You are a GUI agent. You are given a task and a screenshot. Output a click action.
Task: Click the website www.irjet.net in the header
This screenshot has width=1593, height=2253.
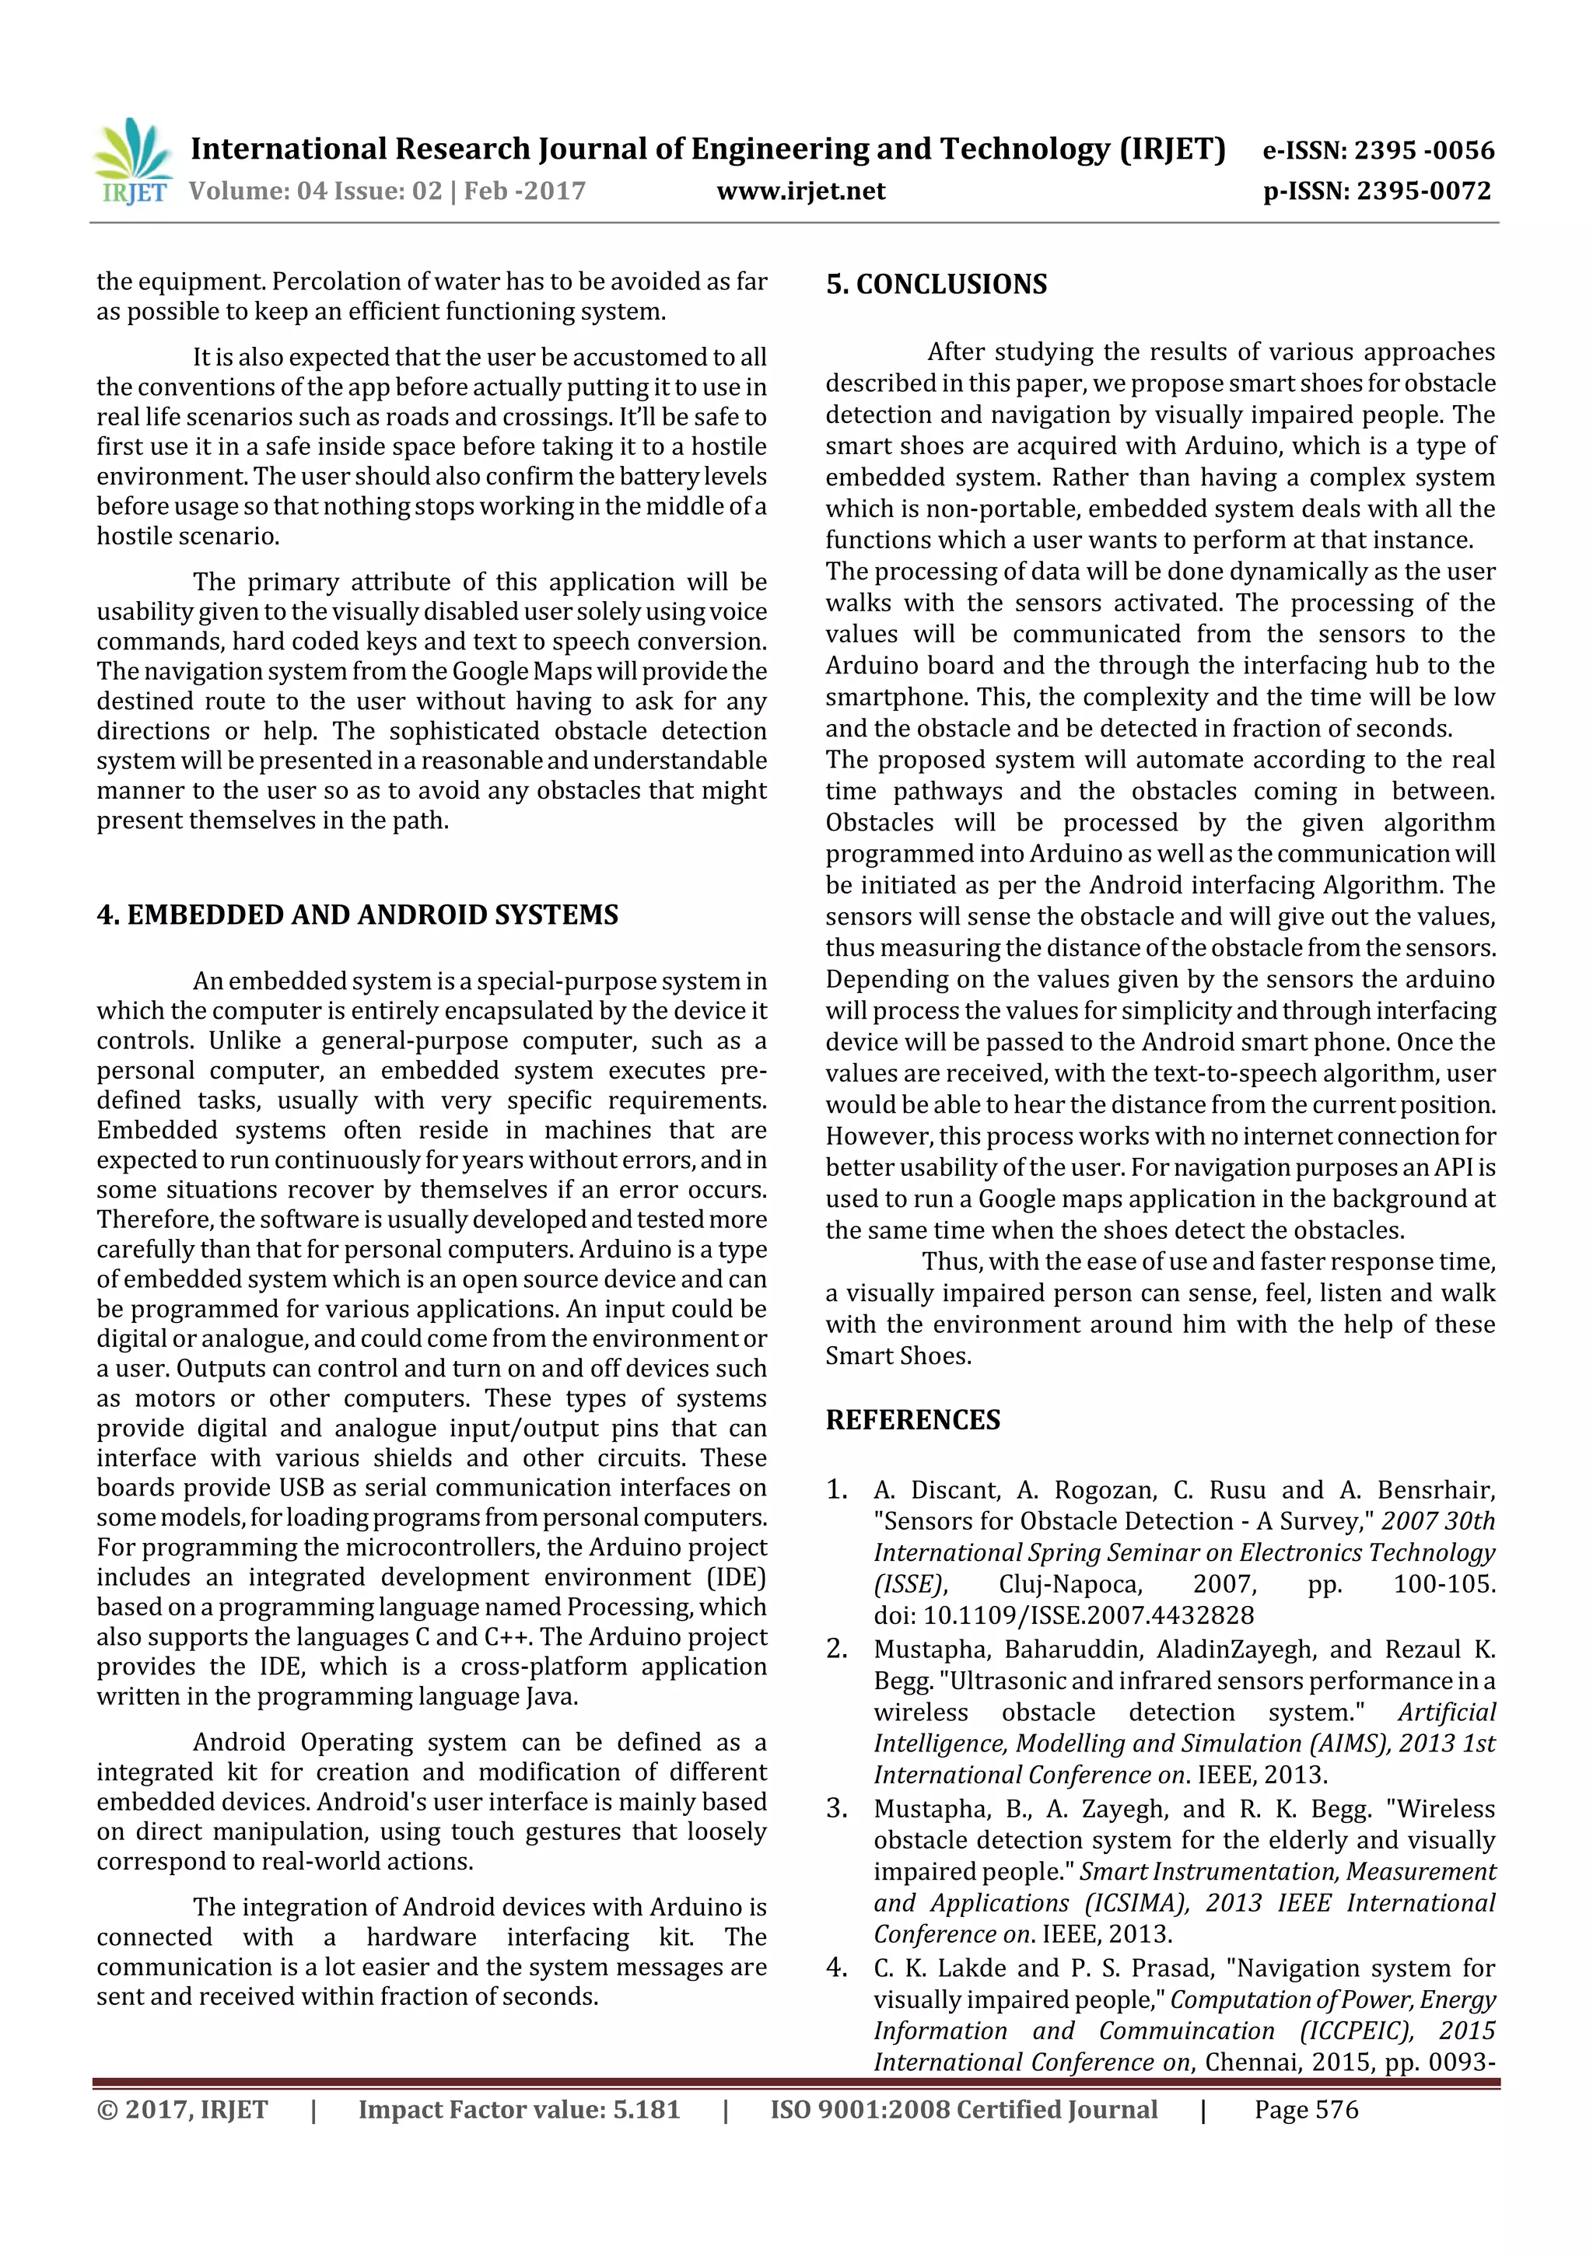(x=801, y=191)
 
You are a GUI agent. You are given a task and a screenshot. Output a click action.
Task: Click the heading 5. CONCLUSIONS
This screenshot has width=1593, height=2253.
(x=937, y=285)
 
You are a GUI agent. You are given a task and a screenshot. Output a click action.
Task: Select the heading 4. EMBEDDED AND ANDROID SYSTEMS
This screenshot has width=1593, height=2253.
(x=357, y=915)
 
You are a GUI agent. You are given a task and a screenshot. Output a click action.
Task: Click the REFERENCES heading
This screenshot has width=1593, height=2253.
(x=913, y=1420)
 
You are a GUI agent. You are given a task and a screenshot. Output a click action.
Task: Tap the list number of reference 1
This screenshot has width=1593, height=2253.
(x=836, y=1489)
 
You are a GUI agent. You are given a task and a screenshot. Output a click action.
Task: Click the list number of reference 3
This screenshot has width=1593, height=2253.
(x=836, y=1808)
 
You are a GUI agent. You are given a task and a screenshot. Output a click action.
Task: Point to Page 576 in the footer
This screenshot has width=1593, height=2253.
(x=1305, y=2110)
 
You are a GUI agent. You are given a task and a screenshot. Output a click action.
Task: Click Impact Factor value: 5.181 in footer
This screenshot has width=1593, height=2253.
(x=518, y=2110)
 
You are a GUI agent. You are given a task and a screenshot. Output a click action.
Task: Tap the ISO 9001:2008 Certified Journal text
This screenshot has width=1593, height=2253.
(x=963, y=2110)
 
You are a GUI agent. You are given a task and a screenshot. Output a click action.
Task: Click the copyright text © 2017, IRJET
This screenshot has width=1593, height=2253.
(x=183, y=2110)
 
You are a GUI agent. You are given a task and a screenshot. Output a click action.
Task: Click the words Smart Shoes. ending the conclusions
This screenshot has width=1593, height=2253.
(x=898, y=1356)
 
